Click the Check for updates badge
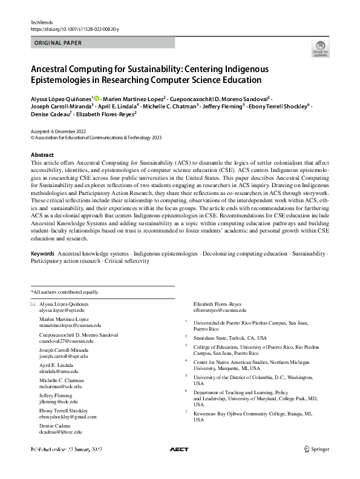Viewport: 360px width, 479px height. click(320, 48)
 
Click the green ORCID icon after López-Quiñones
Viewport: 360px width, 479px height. click(96, 98)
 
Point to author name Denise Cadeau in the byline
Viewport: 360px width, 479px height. click(49, 113)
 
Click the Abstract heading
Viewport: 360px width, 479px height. click(42, 155)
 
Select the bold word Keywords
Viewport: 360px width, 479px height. click(42, 253)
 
